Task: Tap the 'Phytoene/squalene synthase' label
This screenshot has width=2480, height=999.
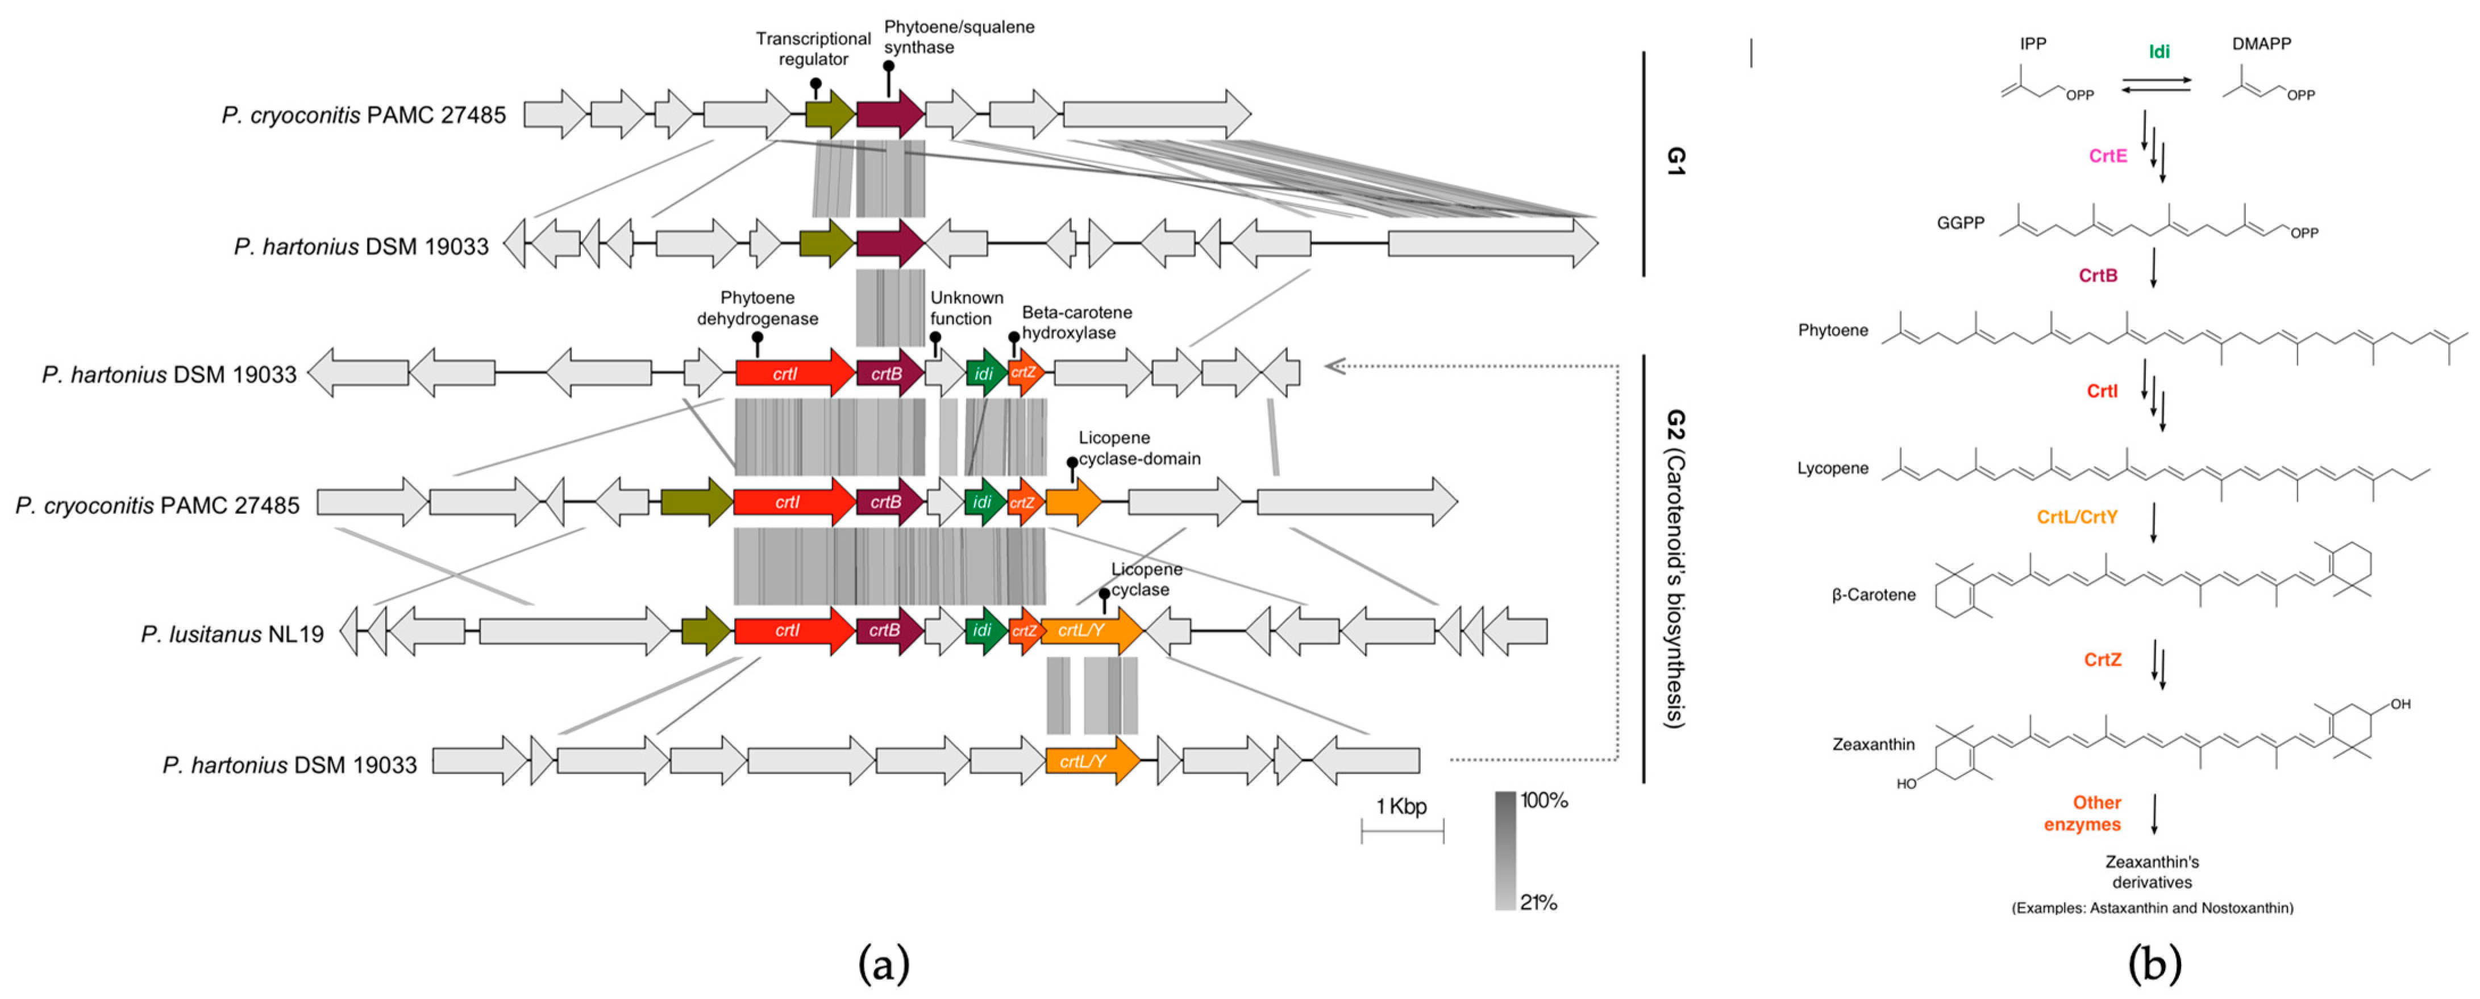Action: point(958,36)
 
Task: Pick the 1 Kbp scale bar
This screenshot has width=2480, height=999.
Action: point(1402,830)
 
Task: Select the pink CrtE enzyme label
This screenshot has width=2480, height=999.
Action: point(2107,156)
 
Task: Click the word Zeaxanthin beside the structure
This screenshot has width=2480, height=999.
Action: point(1873,744)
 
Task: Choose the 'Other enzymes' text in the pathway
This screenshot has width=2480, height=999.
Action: point(2082,813)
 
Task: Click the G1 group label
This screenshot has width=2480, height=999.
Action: point(1676,161)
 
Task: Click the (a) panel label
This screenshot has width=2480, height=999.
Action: point(883,963)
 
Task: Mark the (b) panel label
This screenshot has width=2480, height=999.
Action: point(2154,963)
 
